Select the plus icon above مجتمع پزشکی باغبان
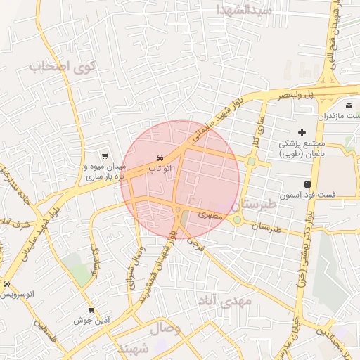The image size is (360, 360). (x=302, y=132)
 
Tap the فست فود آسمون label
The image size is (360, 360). (x=310, y=193)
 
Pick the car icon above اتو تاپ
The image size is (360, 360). (x=160, y=157)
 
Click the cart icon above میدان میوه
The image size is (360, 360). (x=105, y=156)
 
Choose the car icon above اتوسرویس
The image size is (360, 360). (x=6, y=284)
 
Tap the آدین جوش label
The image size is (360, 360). (x=91, y=320)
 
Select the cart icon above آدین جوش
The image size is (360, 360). (x=91, y=309)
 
